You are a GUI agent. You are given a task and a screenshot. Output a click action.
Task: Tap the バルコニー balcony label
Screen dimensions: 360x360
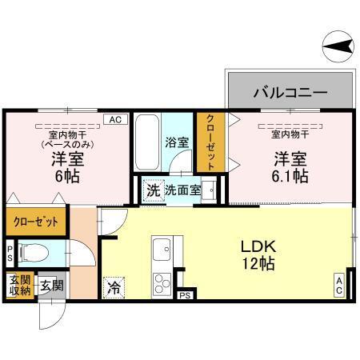[x=290, y=92]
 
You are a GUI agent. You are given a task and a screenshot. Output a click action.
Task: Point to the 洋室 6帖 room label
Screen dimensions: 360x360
[x=68, y=166]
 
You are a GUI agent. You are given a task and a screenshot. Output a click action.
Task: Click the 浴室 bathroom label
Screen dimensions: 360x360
[x=177, y=144]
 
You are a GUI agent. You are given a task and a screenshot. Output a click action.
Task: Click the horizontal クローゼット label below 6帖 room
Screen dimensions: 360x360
[x=35, y=221]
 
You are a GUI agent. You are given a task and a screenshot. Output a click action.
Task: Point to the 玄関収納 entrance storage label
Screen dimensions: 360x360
[x=20, y=285]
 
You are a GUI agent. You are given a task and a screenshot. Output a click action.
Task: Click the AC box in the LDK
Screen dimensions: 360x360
[x=339, y=285]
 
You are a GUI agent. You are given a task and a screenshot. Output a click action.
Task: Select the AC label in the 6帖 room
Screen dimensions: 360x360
[x=114, y=119]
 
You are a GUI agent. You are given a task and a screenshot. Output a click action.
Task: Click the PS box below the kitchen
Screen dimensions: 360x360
[x=185, y=295]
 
